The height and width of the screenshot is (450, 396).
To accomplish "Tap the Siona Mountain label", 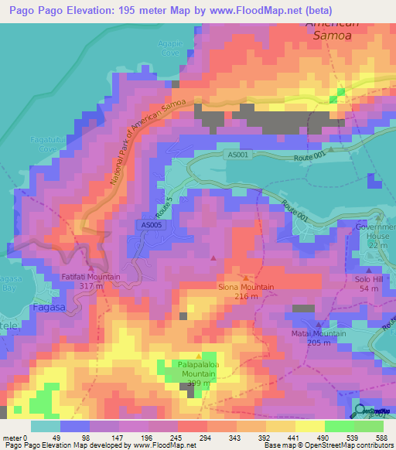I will coord(246,287).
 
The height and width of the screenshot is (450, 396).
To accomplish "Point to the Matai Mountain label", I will coord(319,333).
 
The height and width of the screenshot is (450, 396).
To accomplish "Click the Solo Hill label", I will coord(369,278).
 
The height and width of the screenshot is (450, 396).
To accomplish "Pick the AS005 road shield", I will coord(152,225).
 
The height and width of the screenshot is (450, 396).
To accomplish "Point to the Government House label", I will coord(374,231).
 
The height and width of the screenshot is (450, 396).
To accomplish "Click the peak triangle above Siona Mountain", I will coord(246,277).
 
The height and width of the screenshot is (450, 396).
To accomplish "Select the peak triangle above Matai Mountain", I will coord(319,324).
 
